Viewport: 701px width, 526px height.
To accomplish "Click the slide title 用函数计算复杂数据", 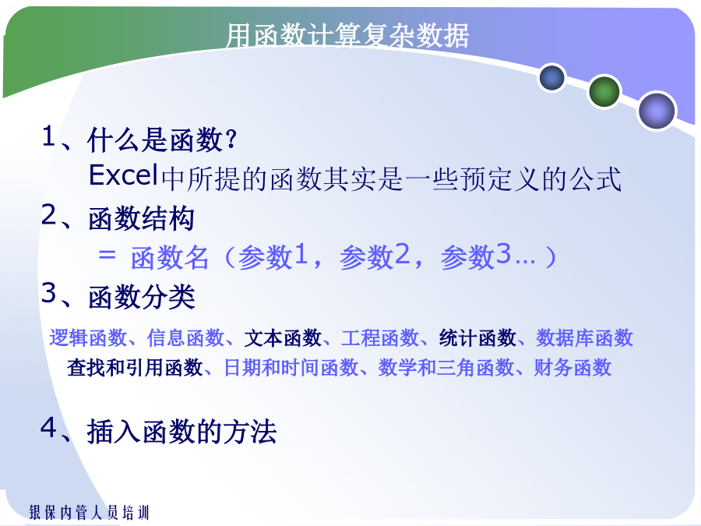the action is click(x=347, y=35).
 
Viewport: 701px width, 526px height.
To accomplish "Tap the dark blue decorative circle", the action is click(x=552, y=77).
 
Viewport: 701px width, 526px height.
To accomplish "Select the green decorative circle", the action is click(x=604, y=91).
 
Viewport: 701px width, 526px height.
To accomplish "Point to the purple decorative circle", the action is click(x=657, y=111).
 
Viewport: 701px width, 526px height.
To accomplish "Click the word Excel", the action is click(x=123, y=175).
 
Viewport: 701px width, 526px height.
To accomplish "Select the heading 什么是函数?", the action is click(x=162, y=139).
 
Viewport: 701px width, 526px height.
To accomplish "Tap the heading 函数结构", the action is click(x=141, y=218).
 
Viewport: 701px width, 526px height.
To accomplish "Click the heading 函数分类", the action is click(x=142, y=297).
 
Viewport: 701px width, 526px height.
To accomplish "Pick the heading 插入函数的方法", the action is click(x=182, y=432).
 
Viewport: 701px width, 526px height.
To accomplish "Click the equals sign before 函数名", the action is click(x=107, y=255).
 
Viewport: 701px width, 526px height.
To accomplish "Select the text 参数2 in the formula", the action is click(x=375, y=256).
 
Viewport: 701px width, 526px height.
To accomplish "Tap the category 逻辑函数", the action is click(x=88, y=337).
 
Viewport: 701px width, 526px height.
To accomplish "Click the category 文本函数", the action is click(x=283, y=337).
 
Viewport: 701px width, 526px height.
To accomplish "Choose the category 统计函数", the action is click(x=477, y=337).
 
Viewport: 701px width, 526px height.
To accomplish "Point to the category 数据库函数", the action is click(x=584, y=337).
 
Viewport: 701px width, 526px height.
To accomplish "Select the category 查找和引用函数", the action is click(x=135, y=368).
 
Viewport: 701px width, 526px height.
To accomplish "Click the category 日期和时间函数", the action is click(x=291, y=368).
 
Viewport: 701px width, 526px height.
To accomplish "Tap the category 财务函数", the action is click(x=572, y=368).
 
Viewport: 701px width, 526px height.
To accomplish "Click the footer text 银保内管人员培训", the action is click(x=89, y=512).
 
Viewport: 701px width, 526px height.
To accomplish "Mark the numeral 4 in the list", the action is click(x=49, y=427).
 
